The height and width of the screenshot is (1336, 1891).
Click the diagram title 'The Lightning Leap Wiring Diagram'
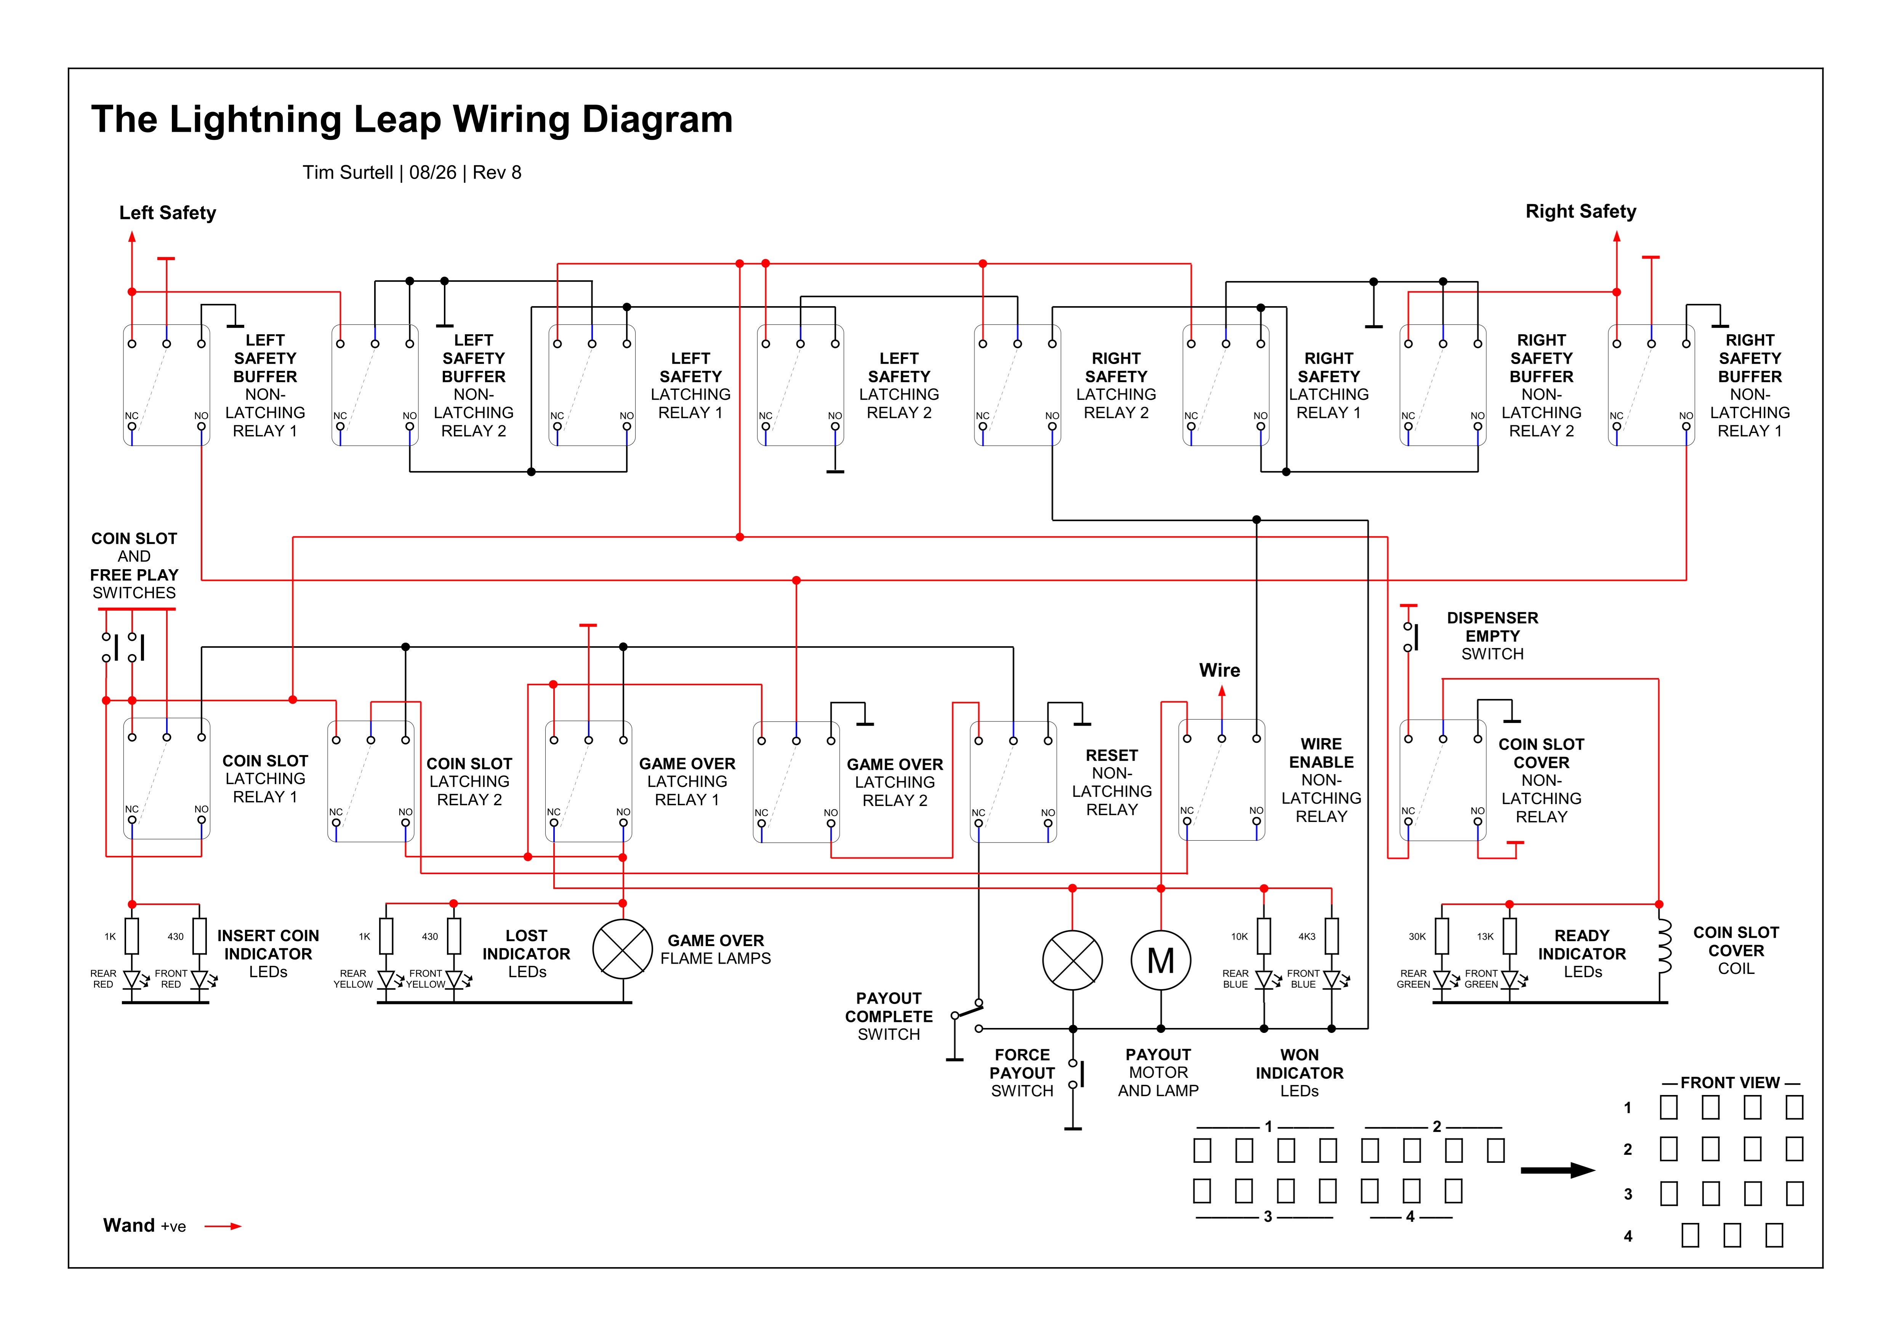[412, 119]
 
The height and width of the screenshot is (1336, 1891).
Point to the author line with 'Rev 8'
[412, 172]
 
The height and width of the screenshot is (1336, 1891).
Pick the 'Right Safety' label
[1580, 212]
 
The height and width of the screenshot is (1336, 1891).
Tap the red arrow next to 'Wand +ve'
[223, 1226]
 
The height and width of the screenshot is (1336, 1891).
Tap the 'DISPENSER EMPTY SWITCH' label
[1492, 635]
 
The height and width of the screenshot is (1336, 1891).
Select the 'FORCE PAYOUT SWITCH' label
[1022, 1073]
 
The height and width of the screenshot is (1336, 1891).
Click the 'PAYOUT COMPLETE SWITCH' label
[889, 1016]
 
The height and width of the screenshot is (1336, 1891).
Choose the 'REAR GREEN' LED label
[1413, 979]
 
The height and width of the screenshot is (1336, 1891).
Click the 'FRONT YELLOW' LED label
[426, 979]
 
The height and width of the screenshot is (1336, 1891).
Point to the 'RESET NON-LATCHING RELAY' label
[1112, 782]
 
